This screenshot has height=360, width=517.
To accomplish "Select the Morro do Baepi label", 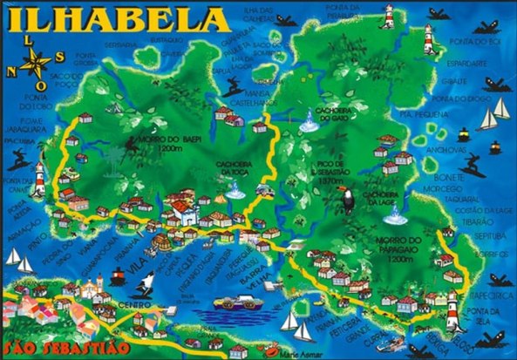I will (x=153, y=143).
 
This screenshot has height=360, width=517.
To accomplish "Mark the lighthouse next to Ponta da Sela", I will (x=452, y=306).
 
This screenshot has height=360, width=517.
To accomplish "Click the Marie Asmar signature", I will (x=300, y=354).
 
